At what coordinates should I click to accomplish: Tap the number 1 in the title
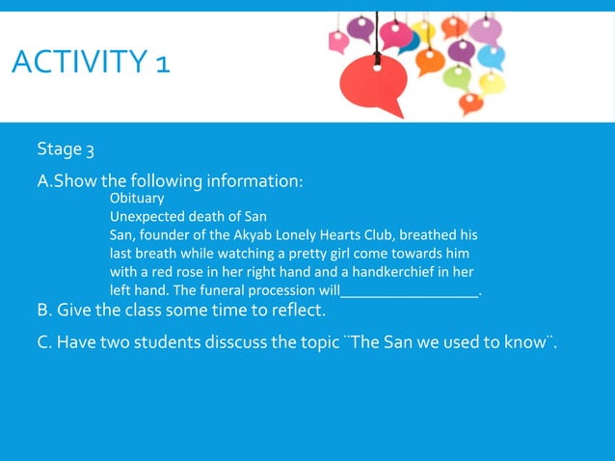click(161, 65)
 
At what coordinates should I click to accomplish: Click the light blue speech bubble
click(493, 57)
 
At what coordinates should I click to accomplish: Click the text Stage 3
click(66, 149)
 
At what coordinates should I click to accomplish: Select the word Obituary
click(137, 198)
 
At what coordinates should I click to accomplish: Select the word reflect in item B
click(297, 311)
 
